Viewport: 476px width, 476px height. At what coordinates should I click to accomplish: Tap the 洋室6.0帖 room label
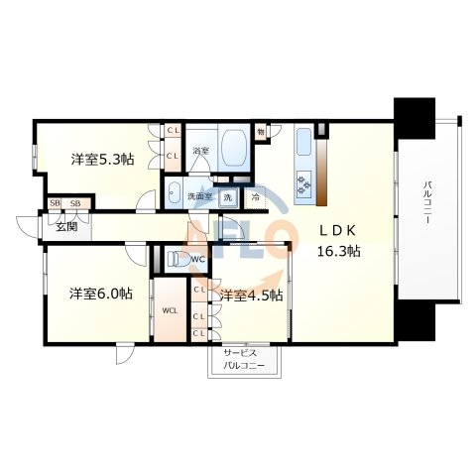point(100,294)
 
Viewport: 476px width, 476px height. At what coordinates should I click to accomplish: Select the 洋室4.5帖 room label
point(251,295)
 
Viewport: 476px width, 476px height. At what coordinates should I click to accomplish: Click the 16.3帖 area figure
point(338,252)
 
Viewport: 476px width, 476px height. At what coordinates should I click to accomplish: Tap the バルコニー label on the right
point(428,203)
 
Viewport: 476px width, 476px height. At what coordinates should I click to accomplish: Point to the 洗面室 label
point(200,196)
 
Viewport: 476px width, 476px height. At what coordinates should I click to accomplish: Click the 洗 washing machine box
point(227,196)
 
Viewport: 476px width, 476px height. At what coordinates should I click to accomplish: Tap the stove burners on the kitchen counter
point(303,178)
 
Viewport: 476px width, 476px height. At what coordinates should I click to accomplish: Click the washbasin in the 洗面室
point(174,194)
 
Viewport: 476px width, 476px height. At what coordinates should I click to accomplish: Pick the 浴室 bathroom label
point(200,151)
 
